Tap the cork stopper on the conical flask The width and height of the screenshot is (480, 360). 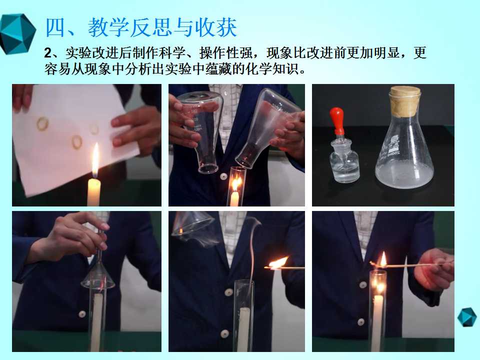(x=404, y=101)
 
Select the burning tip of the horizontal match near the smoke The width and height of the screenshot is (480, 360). (x=278, y=262)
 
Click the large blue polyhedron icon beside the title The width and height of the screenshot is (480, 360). (x=17, y=34)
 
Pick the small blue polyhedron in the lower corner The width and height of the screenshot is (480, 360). (x=467, y=317)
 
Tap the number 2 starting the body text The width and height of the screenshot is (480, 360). (x=48, y=53)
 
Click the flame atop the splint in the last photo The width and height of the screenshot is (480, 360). (x=382, y=259)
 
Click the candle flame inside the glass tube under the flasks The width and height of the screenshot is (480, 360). (x=236, y=183)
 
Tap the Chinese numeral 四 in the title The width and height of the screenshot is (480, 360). (x=55, y=27)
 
